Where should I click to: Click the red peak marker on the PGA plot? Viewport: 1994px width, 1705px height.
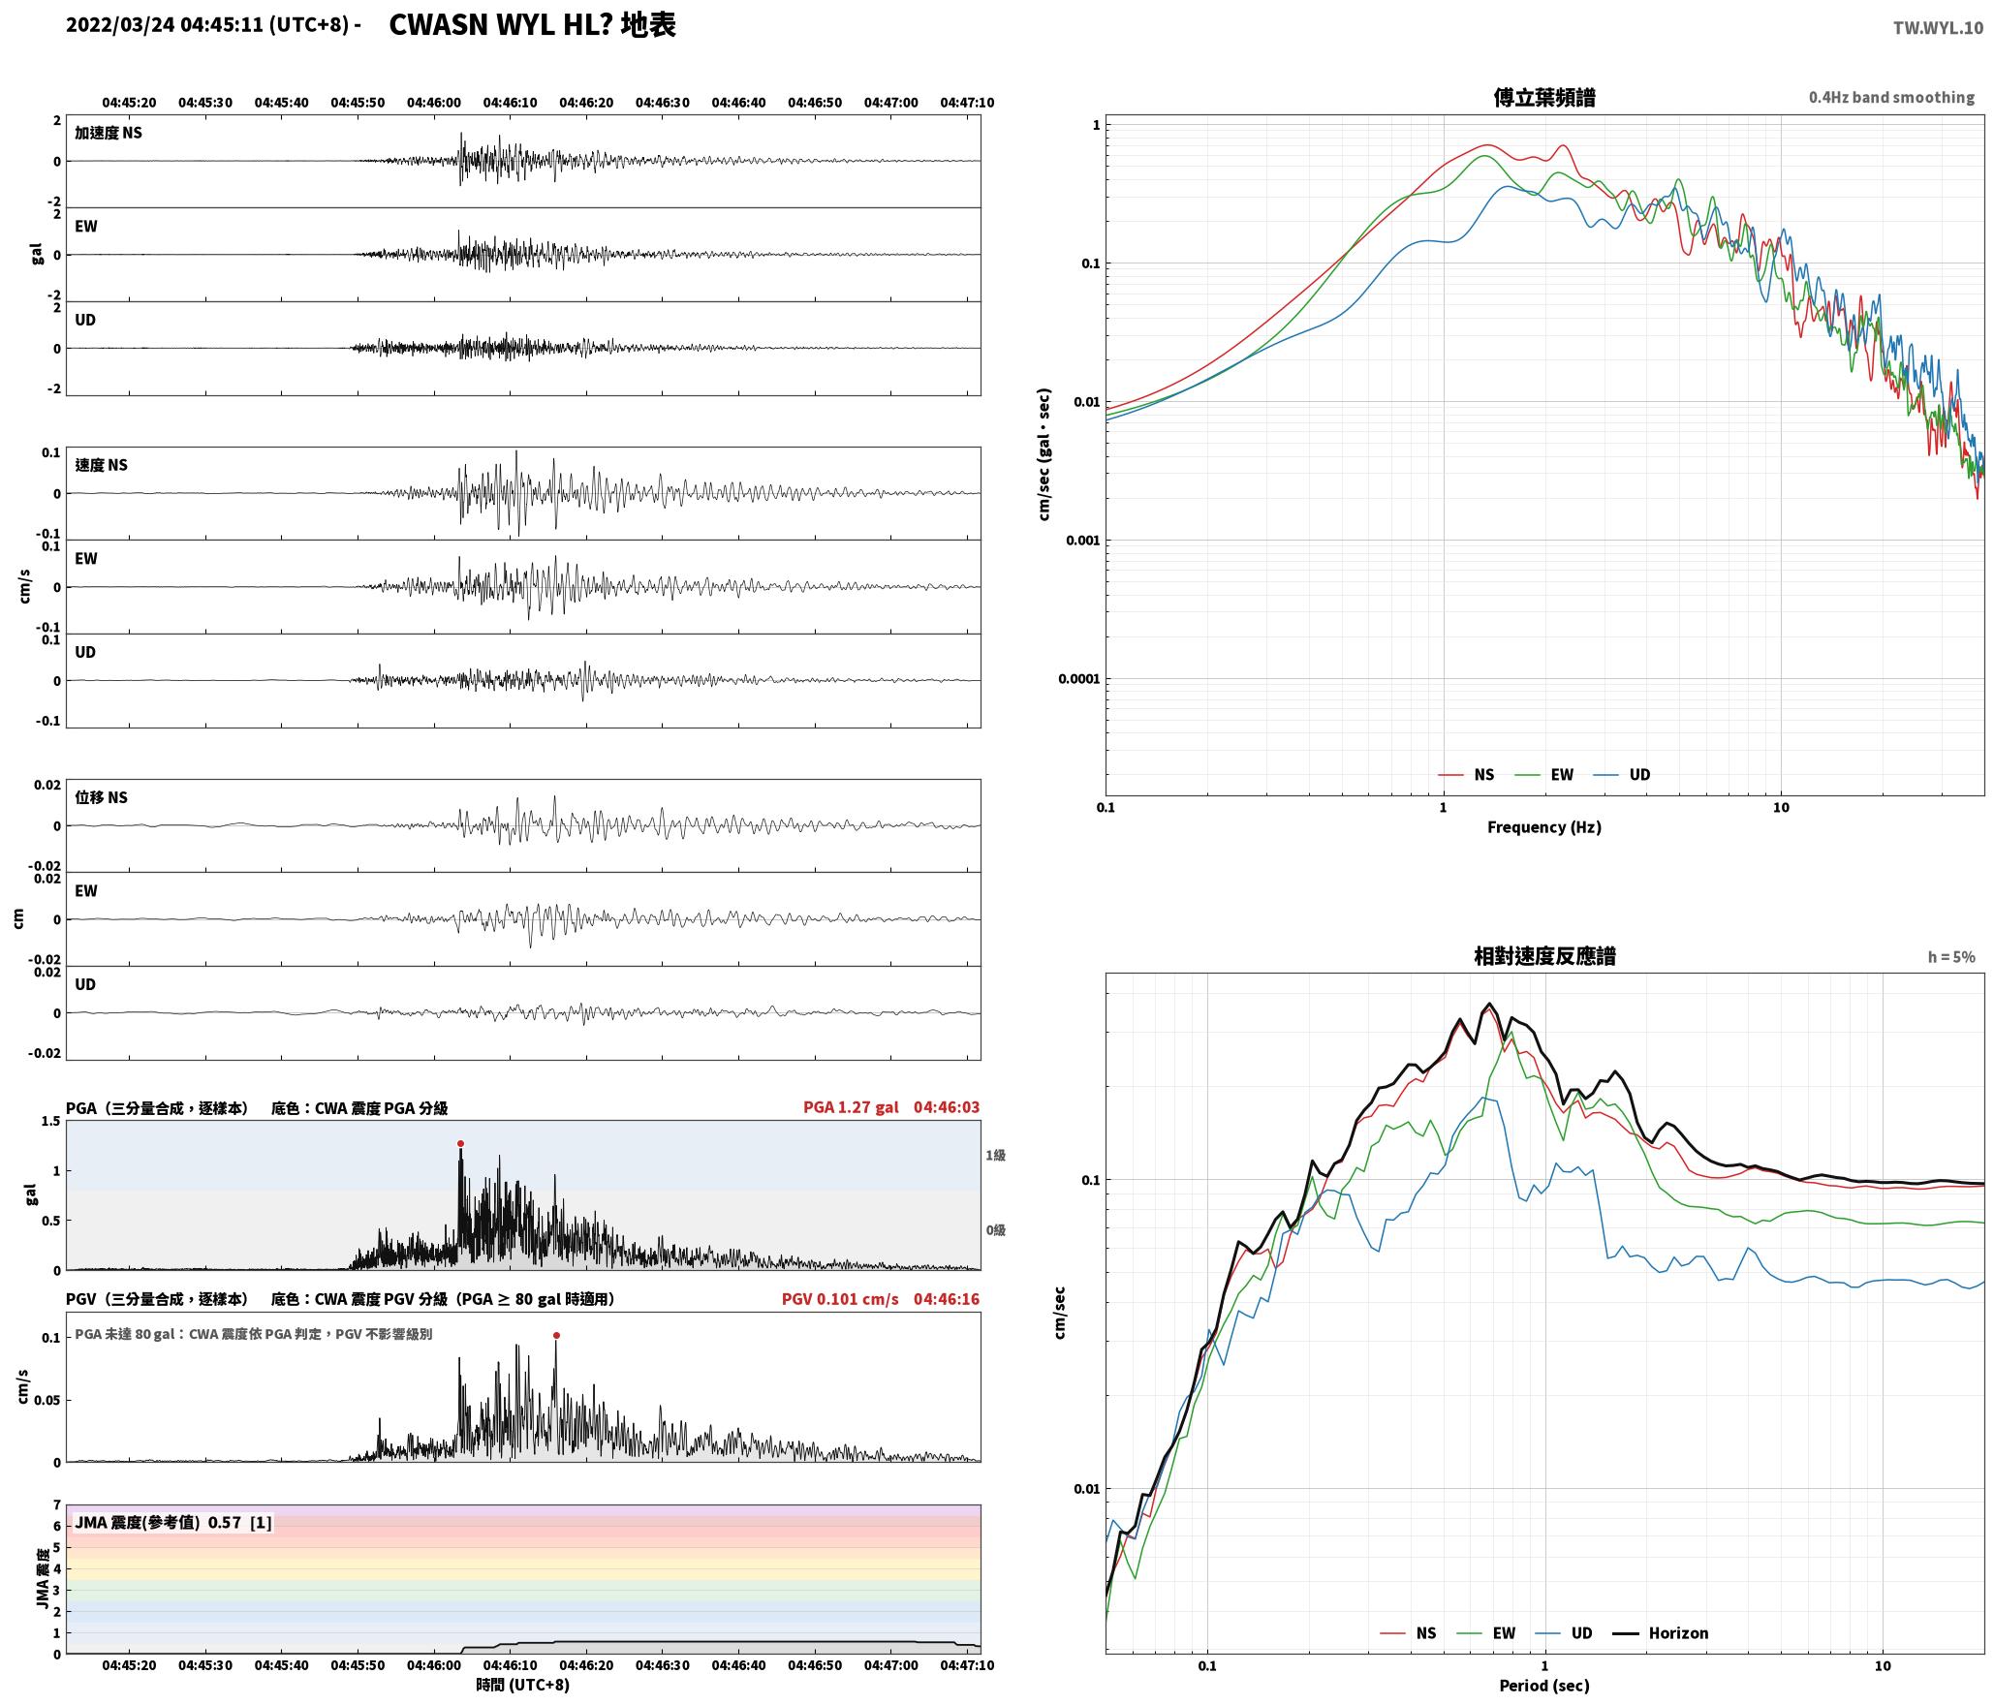pos(460,1143)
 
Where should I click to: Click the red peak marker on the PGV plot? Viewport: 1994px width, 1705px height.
pos(556,1335)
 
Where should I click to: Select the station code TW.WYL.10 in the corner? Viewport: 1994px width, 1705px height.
pos(1938,28)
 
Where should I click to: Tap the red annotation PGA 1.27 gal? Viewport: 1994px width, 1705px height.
pos(851,1107)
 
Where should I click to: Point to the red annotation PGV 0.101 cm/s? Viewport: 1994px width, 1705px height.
pos(840,1299)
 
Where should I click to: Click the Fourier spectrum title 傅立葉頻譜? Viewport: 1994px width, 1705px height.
pos(1544,98)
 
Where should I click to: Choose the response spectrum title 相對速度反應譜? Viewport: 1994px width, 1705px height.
pos(1544,956)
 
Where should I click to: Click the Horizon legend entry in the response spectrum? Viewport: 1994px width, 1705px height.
pos(1661,1633)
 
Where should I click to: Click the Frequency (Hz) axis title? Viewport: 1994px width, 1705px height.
pos(1544,827)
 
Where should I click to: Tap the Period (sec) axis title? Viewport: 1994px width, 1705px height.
pos(1544,1686)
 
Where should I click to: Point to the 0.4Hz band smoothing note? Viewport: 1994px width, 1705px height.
pos(1891,98)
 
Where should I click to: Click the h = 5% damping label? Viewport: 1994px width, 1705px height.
pos(1951,957)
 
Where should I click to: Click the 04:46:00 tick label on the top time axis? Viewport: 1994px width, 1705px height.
pos(434,103)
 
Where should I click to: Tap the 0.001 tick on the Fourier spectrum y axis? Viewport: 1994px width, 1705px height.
pos(1082,541)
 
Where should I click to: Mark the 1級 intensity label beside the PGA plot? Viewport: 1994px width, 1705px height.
pos(996,1156)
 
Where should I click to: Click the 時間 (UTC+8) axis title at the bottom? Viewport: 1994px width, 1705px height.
pos(523,1686)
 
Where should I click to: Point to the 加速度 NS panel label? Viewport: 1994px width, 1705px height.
pos(109,133)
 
